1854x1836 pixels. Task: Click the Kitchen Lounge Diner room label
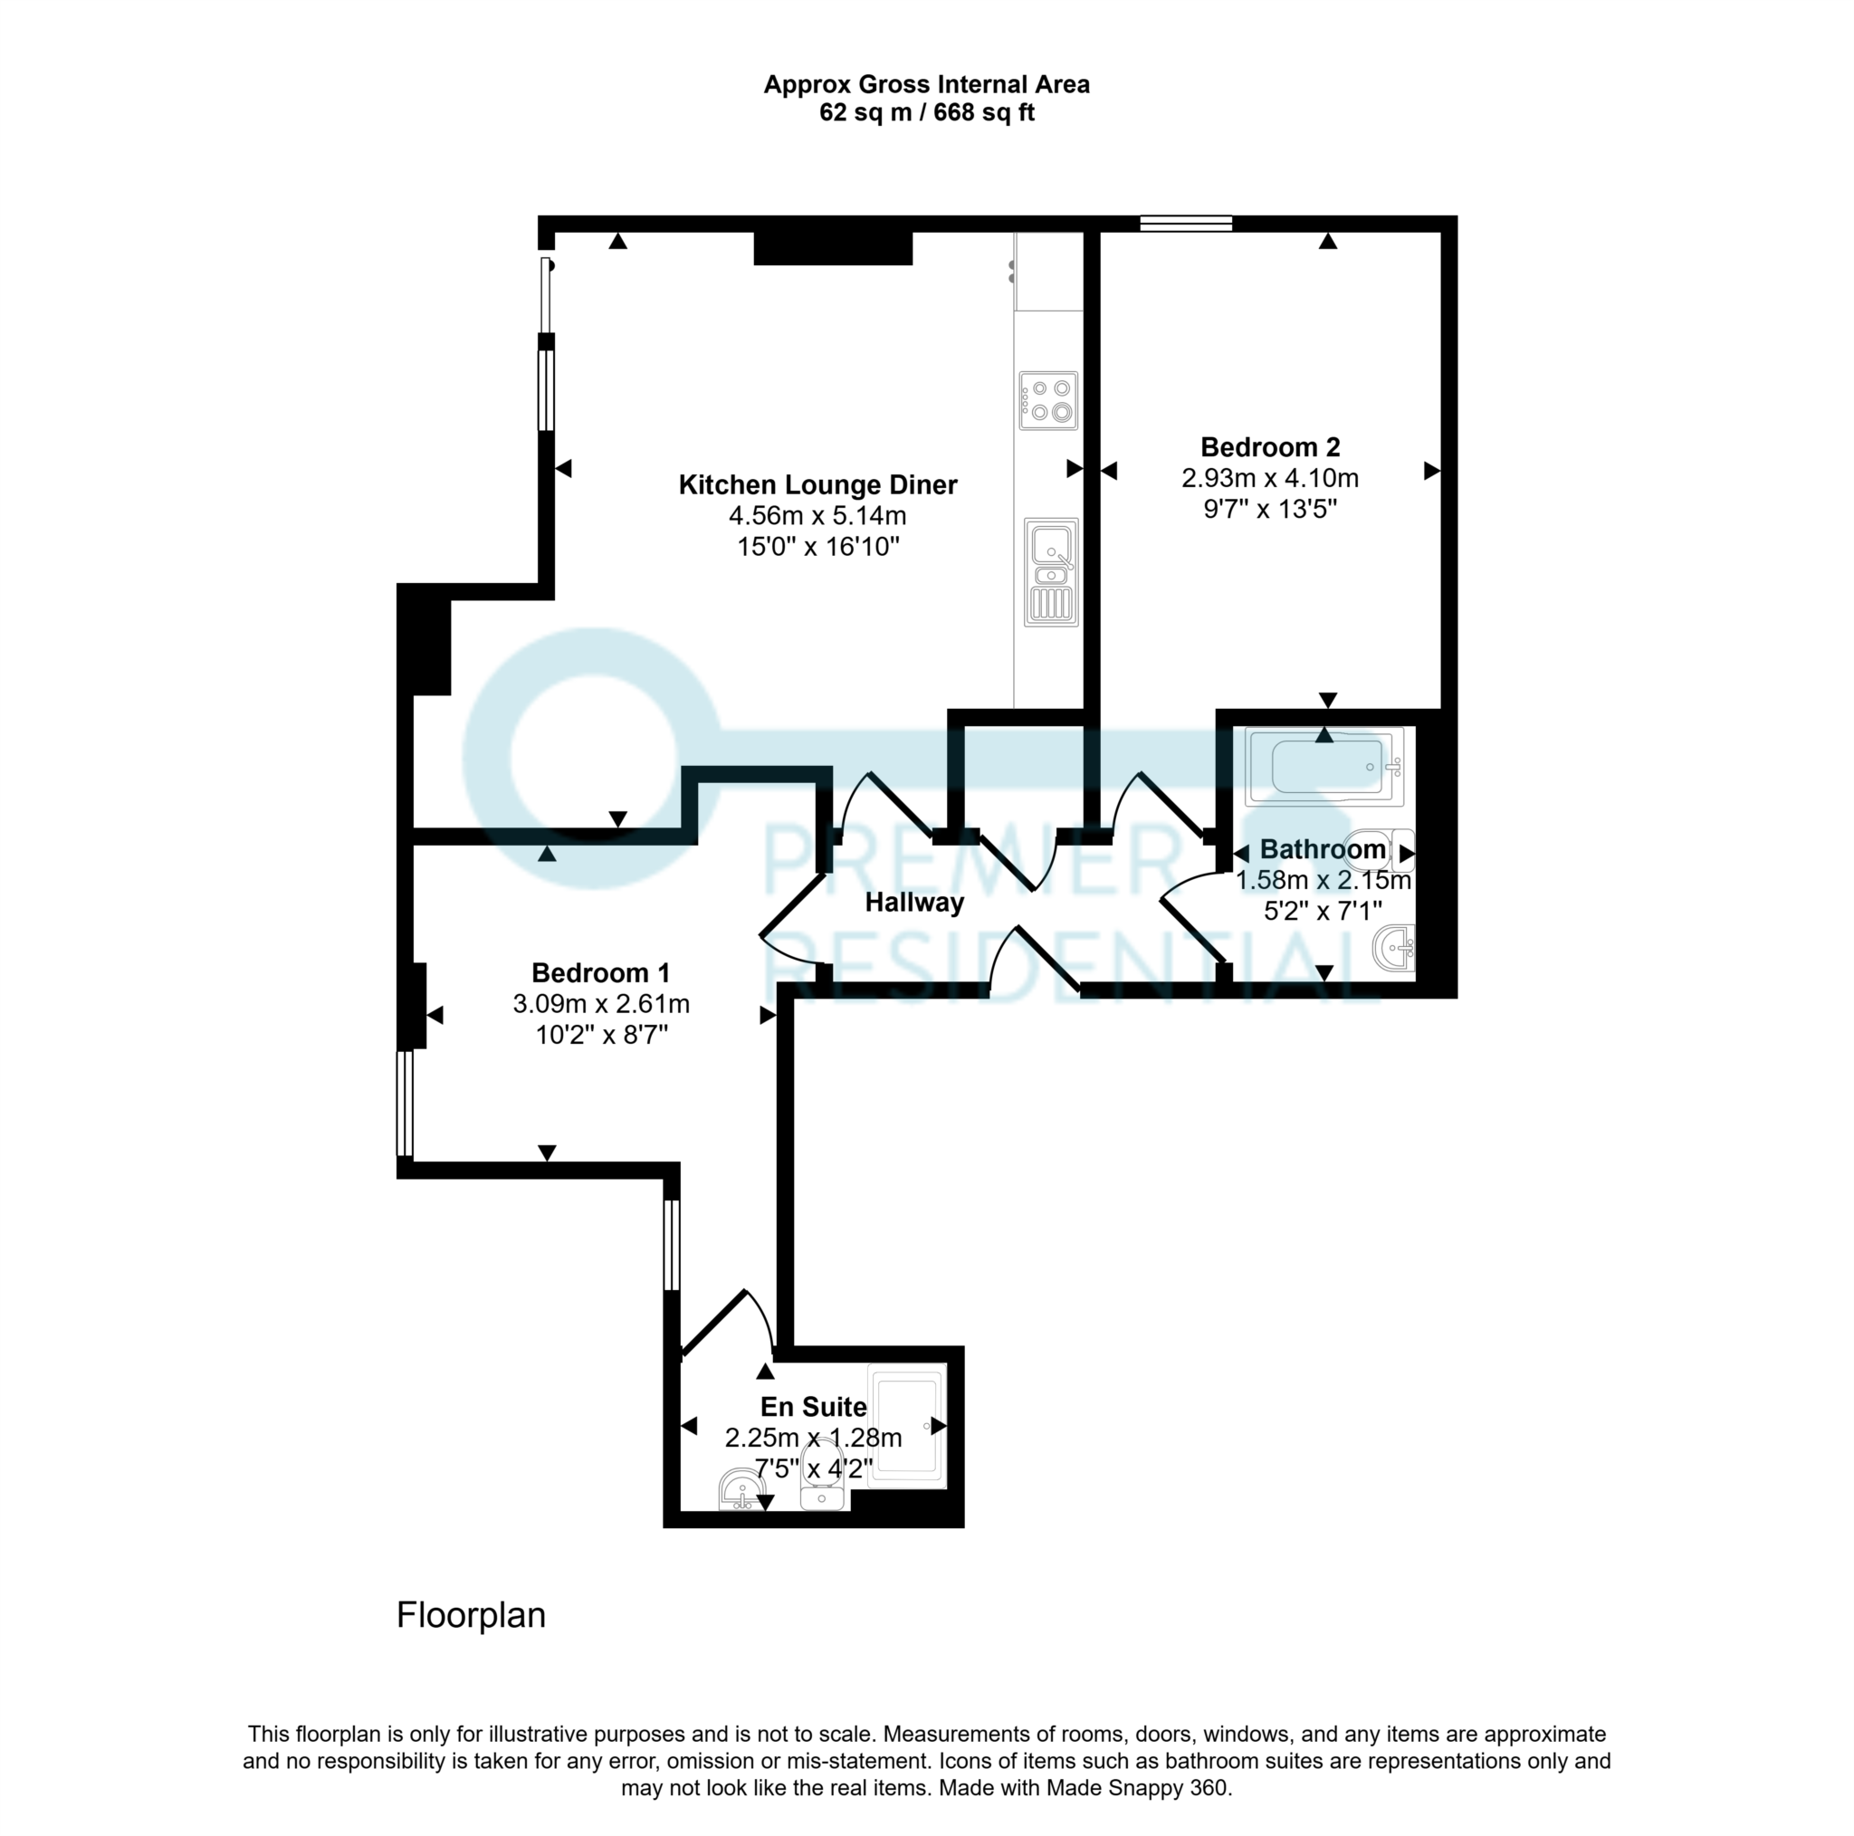pyautogui.click(x=817, y=484)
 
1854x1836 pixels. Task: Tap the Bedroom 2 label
pyautogui.click(x=1269, y=447)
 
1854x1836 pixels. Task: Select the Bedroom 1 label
pyautogui.click(x=601, y=973)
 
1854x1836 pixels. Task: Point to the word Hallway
pyautogui.click(x=913, y=903)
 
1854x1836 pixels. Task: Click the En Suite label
pyautogui.click(x=813, y=1407)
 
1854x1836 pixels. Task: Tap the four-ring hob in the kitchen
pyautogui.click(x=1048, y=400)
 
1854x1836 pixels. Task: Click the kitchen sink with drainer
pyautogui.click(x=1051, y=572)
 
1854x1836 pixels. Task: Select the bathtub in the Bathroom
pyautogui.click(x=1324, y=767)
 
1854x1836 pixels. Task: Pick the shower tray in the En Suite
pyautogui.click(x=907, y=1425)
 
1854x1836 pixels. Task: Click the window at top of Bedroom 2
pyautogui.click(x=1185, y=224)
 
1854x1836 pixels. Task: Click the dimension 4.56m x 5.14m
pyautogui.click(x=817, y=516)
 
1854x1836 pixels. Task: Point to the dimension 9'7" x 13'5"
pyautogui.click(x=1269, y=509)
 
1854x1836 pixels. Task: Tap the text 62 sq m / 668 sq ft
pyautogui.click(x=926, y=113)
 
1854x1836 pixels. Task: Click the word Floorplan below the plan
pyautogui.click(x=470, y=1616)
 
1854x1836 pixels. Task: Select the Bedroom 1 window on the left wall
pyautogui.click(x=405, y=1104)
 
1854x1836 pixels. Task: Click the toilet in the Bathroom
pyautogui.click(x=1381, y=849)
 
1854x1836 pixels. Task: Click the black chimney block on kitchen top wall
pyautogui.click(x=832, y=249)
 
